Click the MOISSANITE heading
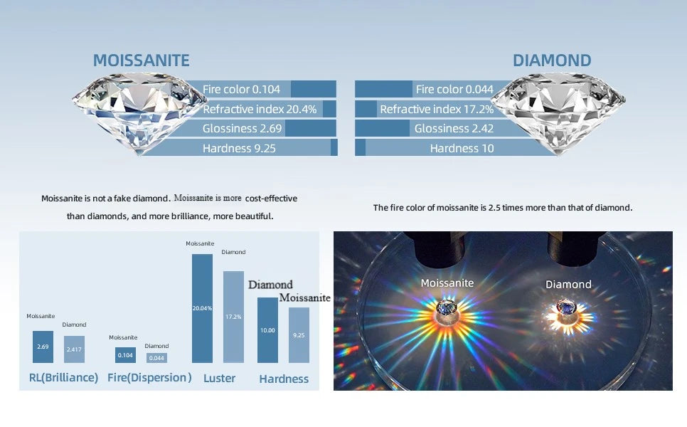pos(141,60)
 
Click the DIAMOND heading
pos(552,60)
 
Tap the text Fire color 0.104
pos(241,90)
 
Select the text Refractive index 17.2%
pos(437,109)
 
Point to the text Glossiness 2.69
pos(242,128)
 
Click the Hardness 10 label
pos(462,149)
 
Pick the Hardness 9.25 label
pos(239,149)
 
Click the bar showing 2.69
pos(43,347)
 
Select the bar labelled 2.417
pos(74,349)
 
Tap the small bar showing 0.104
pos(125,355)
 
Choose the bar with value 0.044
pos(156,358)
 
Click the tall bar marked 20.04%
pos(202,309)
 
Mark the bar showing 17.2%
pos(233,317)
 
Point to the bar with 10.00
pos(267,330)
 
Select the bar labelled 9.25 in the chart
pos(299,335)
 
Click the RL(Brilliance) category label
pos(63,378)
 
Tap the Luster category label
pos(219,379)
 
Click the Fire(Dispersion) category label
pos(149,378)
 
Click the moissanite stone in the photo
pos(447,307)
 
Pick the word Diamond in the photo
pos(568,285)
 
